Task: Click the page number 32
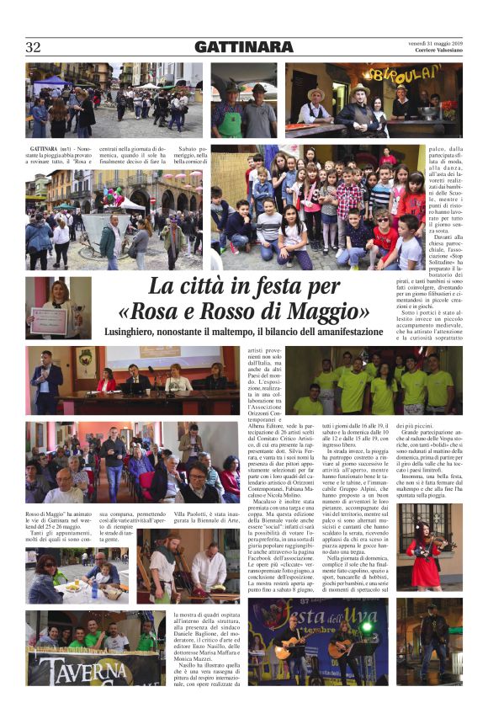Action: click(33, 47)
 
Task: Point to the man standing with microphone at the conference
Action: click(47, 381)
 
